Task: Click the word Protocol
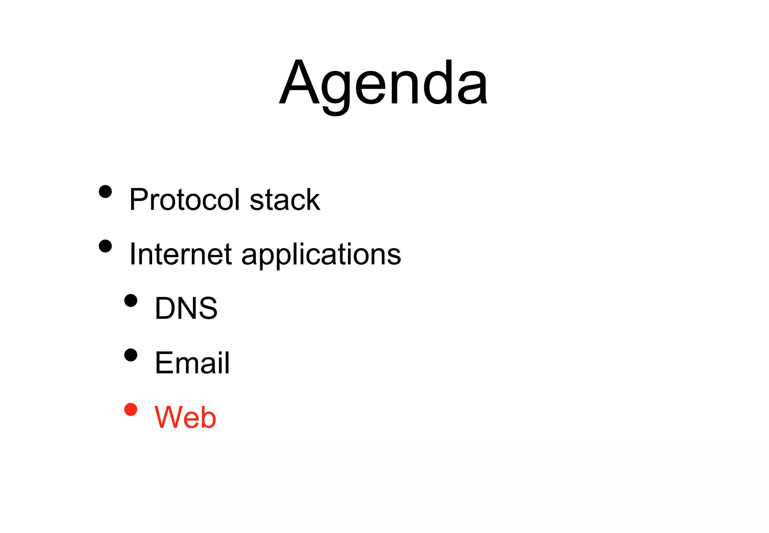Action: [184, 200]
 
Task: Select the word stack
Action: [285, 200]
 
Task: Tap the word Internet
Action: [180, 254]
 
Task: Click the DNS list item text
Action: [186, 308]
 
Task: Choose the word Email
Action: [192, 363]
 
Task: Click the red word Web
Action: [185, 417]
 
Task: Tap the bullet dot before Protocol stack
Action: [106, 191]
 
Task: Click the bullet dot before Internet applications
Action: [106, 246]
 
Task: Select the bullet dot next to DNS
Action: [131, 301]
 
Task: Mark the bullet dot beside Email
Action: [131, 355]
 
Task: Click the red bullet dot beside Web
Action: [131, 410]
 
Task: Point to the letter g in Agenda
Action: [335, 88]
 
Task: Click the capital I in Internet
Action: [132, 254]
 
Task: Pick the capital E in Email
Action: [164, 363]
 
